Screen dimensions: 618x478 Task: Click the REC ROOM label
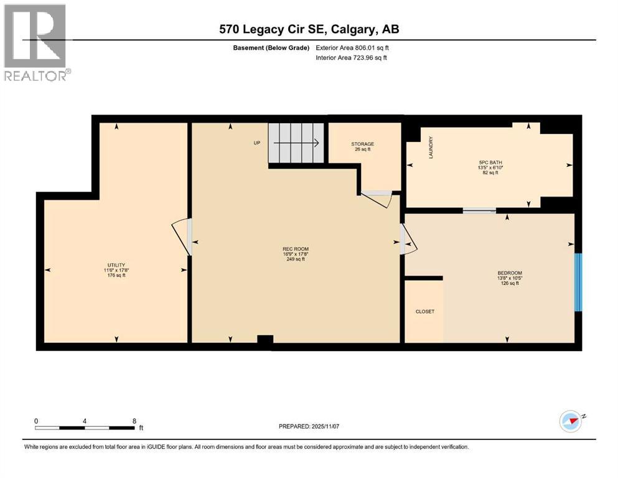(296, 249)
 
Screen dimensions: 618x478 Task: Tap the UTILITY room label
(116, 265)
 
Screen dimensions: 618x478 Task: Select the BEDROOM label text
(510, 273)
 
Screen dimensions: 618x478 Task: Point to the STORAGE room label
(363, 144)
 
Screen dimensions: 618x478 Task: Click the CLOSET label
(425, 311)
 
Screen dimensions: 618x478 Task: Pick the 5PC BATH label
(490, 162)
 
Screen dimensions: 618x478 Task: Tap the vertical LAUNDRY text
(431, 148)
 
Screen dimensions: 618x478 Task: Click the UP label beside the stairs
(257, 143)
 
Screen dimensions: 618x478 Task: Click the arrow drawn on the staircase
(296, 143)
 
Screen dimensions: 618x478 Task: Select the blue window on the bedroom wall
(578, 282)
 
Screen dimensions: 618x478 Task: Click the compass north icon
(570, 421)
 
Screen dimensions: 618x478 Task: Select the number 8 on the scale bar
(134, 421)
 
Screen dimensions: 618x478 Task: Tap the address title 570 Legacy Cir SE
(273, 29)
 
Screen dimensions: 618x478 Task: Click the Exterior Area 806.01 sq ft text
(352, 48)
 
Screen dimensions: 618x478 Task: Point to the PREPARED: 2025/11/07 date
(309, 426)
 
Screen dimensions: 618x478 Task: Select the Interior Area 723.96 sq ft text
(351, 57)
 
